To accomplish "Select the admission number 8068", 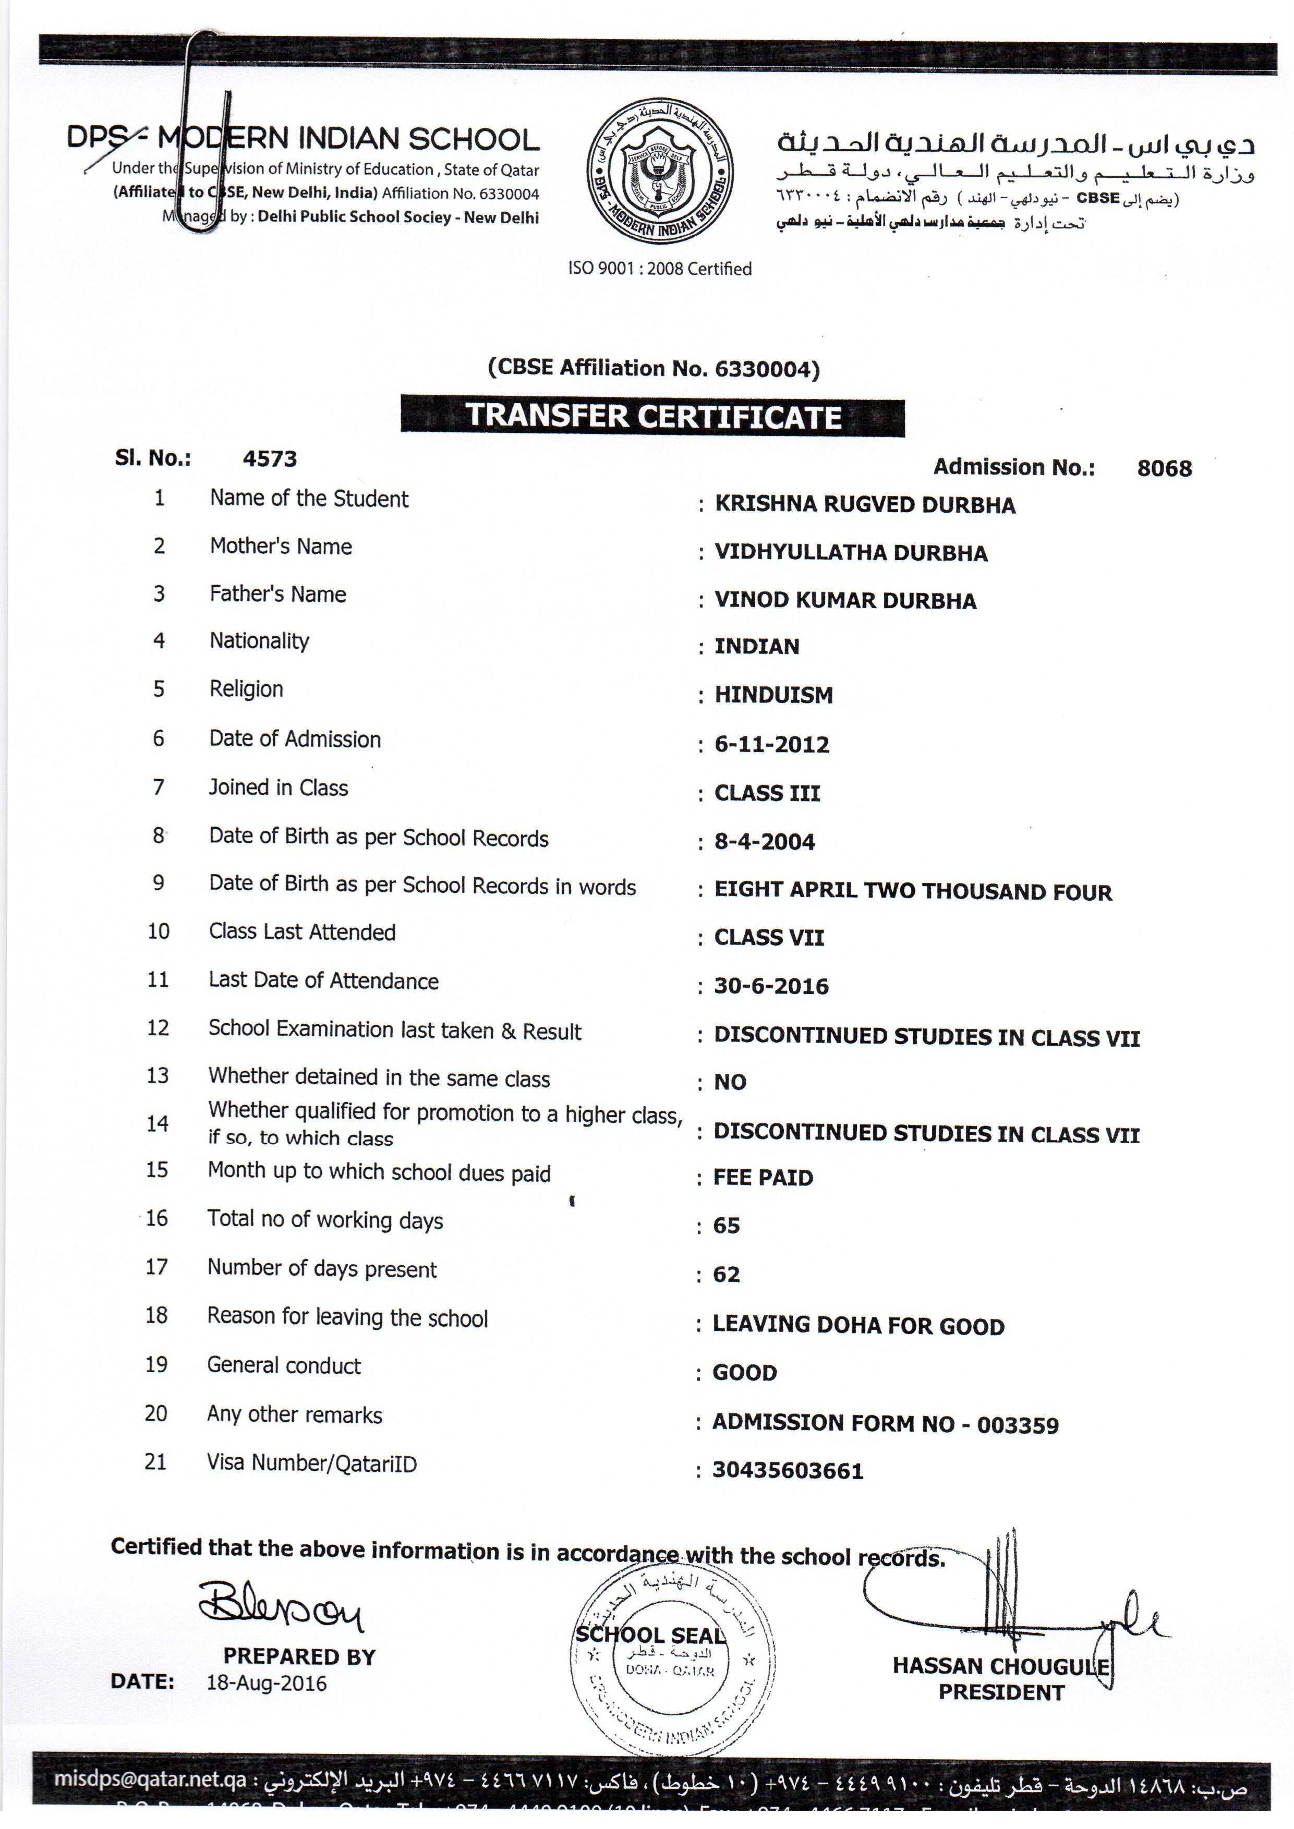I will (1164, 468).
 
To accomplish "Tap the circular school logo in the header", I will (660, 171).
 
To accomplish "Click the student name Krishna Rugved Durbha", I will (865, 505).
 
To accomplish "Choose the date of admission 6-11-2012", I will (771, 745).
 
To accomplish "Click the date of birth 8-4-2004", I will (764, 842).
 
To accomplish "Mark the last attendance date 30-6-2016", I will (770, 986).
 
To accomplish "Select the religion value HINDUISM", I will (773, 695).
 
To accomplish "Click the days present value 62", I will (726, 1275).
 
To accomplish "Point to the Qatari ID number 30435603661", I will (787, 1471).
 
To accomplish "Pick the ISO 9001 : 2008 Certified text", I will (660, 269).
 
